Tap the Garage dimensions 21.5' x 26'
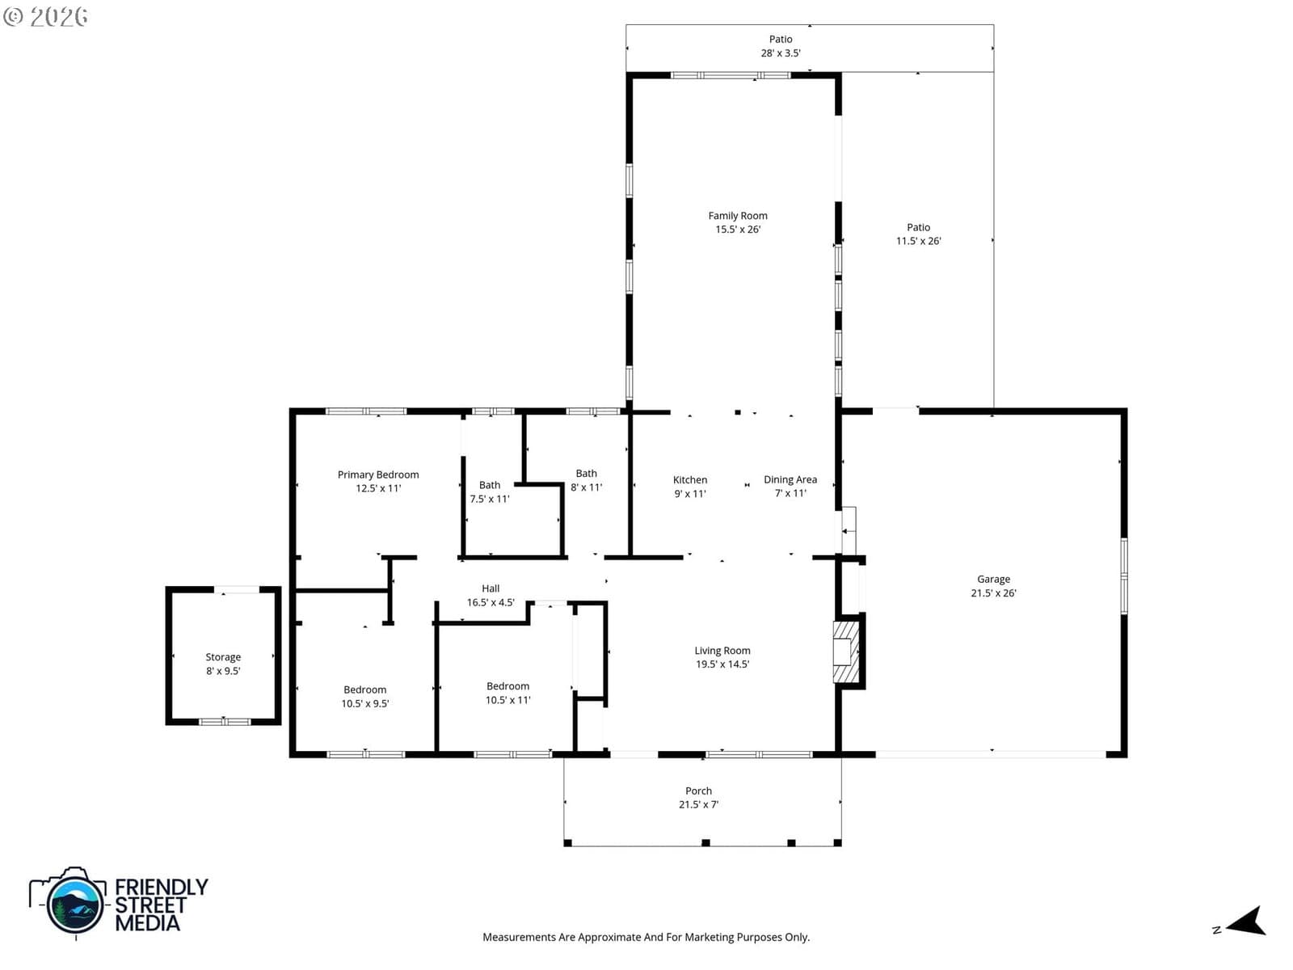tap(993, 593)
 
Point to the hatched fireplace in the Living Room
tap(846, 652)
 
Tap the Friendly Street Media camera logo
tap(69, 901)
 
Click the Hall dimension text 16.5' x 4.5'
tap(491, 602)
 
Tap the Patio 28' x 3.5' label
tap(781, 46)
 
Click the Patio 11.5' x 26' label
tap(918, 234)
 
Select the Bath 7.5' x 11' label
tap(490, 491)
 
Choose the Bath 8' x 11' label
tap(586, 480)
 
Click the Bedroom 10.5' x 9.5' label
tap(364, 696)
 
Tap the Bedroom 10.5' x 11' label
tap(508, 693)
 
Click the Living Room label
tap(722, 657)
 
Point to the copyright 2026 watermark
tap(45, 16)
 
